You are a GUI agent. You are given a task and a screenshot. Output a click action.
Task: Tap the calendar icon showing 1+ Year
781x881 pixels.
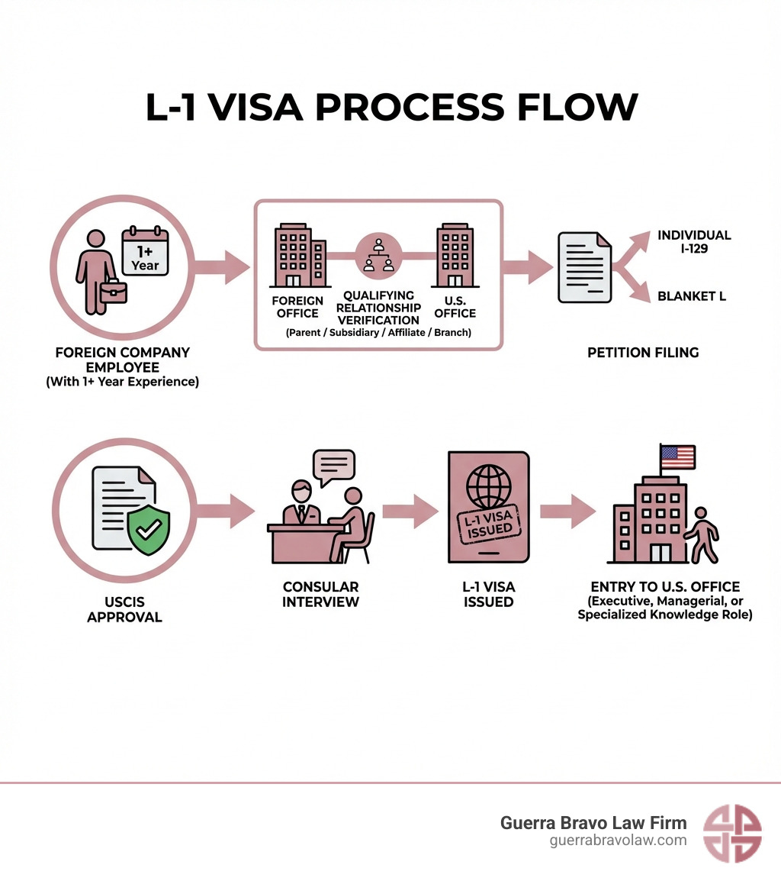145,250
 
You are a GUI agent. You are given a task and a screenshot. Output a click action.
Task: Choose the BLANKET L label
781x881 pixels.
692,296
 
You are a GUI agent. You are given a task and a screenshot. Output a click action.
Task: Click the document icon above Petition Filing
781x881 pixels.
585,266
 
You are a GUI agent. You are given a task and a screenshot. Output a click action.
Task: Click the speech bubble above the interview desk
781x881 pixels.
333,467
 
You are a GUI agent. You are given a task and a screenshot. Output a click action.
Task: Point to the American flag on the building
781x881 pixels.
677,457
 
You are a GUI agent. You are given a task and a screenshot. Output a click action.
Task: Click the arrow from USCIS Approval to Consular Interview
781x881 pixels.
229,510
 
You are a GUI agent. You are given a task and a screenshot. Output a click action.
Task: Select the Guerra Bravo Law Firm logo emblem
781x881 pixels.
731,831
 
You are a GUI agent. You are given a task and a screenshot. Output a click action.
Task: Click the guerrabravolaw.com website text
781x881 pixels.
618,841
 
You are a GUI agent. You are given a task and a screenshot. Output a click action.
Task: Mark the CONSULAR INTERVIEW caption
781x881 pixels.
320,594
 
